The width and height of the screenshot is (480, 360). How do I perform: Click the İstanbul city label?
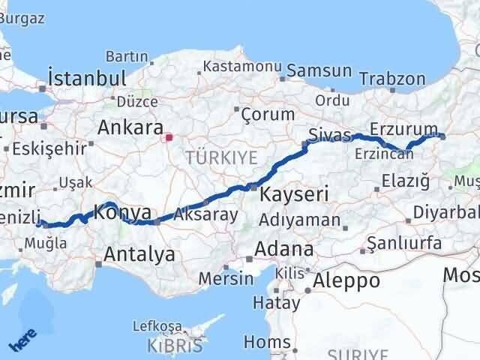pyautogui.click(x=85, y=78)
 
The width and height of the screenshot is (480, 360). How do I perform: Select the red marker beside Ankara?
pyautogui.click(x=169, y=137)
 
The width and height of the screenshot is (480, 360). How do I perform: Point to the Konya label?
pyautogui.click(x=123, y=212)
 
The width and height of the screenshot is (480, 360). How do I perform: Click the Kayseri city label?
pyautogui.click(x=294, y=195)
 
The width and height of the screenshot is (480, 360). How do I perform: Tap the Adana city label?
pyautogui.click(x=284, y=248)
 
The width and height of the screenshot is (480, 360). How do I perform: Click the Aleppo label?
pyautogui.click(x=348, y=280)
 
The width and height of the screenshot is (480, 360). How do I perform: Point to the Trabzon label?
pyautogui.click(x=391, y=79)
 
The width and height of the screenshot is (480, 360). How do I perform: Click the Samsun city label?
pyautogui.click(x=319, y=70)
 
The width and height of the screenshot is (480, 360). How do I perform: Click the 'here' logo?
pyautogui.click(x=22, y=340)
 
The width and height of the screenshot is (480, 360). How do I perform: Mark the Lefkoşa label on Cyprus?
pyautogui.click(x=157, y=326)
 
